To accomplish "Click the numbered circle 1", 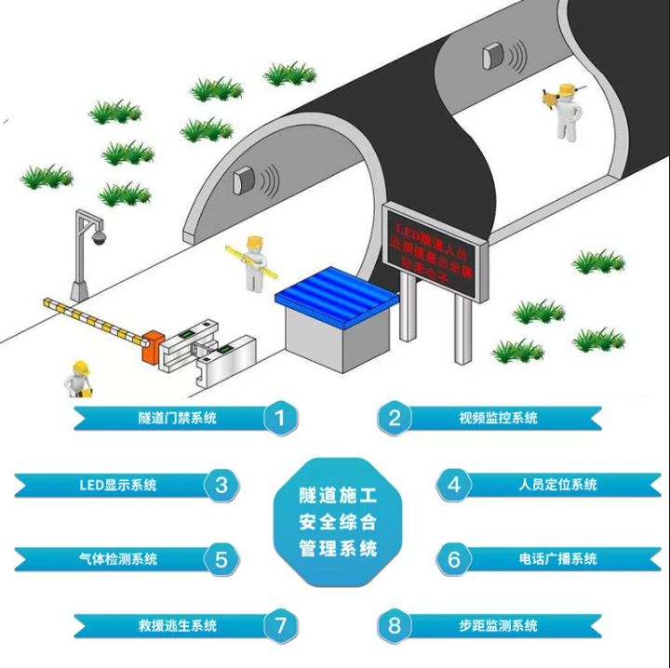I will [280, 418].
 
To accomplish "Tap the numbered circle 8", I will [395, 625].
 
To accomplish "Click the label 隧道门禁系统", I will [177, 418].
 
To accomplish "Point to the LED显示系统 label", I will [118, 485].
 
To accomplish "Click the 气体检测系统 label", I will [118, 559].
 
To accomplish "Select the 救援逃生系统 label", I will [177, 625].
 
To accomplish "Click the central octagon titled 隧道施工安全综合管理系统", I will [338, 521].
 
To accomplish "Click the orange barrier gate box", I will [151, 343].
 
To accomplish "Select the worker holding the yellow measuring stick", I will [253, 262].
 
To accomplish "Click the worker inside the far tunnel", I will [565, 113].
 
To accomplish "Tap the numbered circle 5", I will [221, 559].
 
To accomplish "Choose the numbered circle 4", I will [453, 485].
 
